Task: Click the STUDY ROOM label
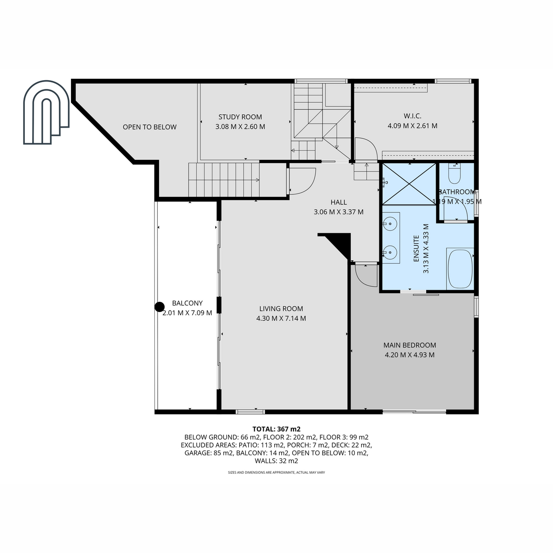[240, 117]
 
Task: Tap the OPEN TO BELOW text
[149, 127]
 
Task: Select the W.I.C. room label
[412, 116]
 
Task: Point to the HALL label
[339, 202]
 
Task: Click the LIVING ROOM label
[281, 308]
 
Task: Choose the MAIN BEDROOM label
[410, 345]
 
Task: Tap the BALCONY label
[187, 303]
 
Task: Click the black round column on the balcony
[159, 307]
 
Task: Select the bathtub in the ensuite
[460, 269]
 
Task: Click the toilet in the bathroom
[454, 173]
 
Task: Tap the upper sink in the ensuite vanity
[390, 224]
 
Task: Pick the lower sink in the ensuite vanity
[390, 253]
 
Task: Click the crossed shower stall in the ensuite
[409, 184]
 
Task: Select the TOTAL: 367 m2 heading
[276, 429]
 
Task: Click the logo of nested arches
[46, 112]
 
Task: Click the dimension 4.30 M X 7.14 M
[281, 318]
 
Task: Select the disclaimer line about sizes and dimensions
[276, 472]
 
